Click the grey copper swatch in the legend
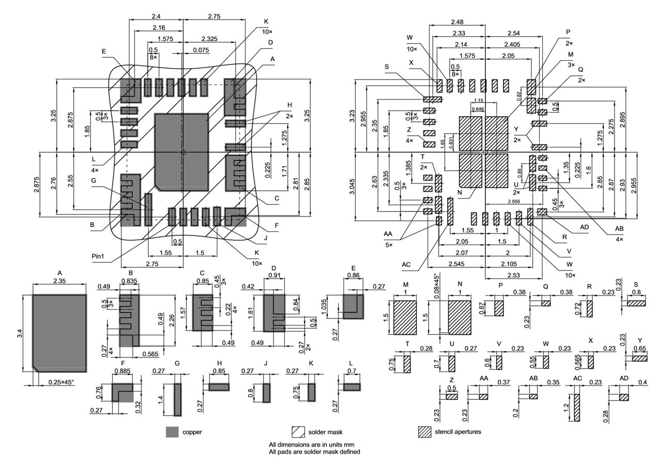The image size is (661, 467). (x=172, y=432)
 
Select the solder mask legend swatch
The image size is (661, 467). (x=298, y=432)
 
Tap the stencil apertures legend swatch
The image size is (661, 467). (x=424, y=432)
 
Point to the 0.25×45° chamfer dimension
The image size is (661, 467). (x=61, y=382)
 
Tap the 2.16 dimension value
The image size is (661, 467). (x=159, y=27)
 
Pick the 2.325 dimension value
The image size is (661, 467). (x=210, y=39)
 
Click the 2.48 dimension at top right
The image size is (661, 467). (x=457, y=22)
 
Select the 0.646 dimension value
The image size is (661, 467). (x=478, y=109)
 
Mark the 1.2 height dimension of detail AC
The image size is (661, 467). (x=567, y=407)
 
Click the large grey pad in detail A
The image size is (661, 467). (x=59, y=332)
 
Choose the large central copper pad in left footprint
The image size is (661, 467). (x=181, y=152)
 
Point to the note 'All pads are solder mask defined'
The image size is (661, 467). (x=314, y=452)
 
